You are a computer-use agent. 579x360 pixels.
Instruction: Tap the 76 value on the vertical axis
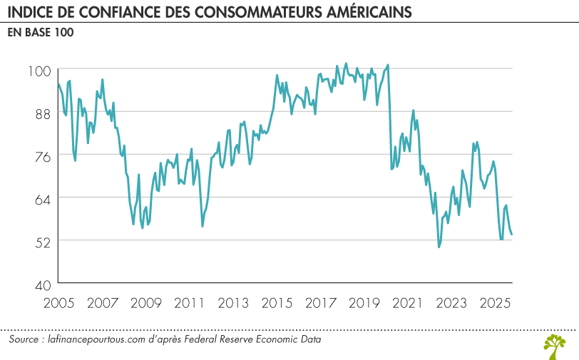pyautogui.click(x=41, y=155)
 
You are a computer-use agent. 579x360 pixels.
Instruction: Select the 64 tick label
pyautogui.click(x=41, y=197)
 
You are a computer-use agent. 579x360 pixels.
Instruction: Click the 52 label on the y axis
pyautogui.click(x=41, y=240)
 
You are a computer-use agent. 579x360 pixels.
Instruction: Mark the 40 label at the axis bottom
pyautogui.click(x=41, y=283)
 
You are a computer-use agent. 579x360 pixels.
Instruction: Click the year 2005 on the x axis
pyautogui.click(x=58, y=302)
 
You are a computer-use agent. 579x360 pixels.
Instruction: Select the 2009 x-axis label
pyautogui.click(x=143, y=302)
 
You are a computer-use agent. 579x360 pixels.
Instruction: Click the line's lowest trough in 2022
pyautogui.click(x=439, y=247)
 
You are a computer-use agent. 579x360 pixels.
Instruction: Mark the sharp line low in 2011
pyautogui.click(x=203, y=226)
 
